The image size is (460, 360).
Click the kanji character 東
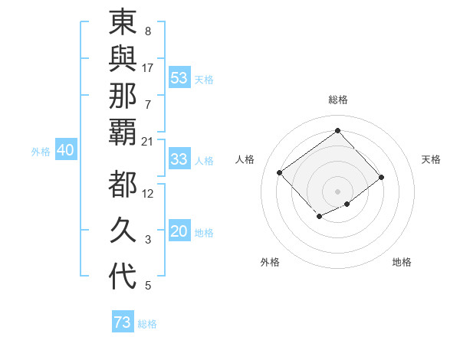123,23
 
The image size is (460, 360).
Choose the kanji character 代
123,277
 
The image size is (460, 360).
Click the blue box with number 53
179,78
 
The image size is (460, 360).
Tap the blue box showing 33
179,159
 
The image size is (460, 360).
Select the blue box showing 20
179,232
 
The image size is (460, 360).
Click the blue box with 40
65,151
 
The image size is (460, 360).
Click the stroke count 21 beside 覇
147,141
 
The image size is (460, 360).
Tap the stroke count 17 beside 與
147,67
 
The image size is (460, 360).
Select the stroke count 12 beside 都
148,194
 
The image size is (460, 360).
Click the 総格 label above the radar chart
337,100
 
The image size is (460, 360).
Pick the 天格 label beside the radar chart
431,159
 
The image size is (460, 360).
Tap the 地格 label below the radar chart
402,262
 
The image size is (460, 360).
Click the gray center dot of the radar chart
337,191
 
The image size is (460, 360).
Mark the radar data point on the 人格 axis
280,172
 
